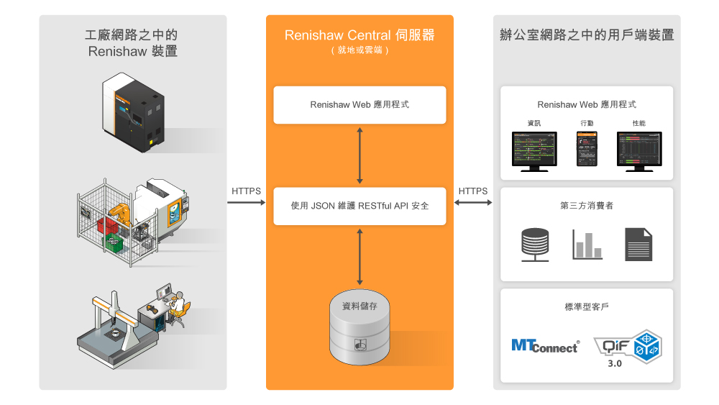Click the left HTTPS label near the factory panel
point(246,191)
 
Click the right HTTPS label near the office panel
point(472,191)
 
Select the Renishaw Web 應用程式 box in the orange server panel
point(359,104)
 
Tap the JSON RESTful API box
point(359,206)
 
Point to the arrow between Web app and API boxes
point(359,155)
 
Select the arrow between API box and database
point(359,255)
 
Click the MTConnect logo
point(545,346)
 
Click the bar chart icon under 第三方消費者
point(587,245)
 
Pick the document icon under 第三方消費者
point(638,244)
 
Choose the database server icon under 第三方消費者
point(535,245)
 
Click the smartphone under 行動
point(587,150)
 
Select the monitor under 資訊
point(534,150)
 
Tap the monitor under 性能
point(638,150)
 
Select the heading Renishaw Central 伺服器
point(359,35)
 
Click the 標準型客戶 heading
point(587,307)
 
